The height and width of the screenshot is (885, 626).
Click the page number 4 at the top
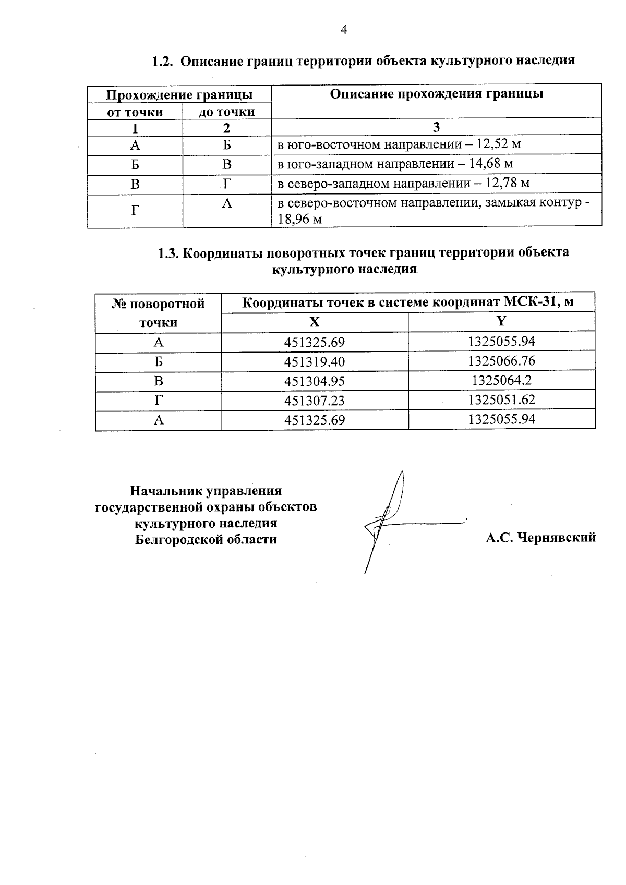344,30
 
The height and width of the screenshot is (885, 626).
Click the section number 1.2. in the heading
162,61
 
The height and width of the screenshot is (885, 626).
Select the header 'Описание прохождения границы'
436,94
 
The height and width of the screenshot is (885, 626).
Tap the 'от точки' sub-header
135,112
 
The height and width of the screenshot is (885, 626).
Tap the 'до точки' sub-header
226,112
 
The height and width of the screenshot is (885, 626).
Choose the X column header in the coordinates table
314,322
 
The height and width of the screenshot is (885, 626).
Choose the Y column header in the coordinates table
501,321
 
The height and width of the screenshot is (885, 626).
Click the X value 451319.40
314,361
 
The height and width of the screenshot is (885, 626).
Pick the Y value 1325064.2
502,380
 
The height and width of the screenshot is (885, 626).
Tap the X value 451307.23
314,401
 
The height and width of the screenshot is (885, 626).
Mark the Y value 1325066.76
502,361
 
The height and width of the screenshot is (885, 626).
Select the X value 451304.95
314,381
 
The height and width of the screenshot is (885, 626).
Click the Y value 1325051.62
502,400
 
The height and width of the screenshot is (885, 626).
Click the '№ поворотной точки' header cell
158,313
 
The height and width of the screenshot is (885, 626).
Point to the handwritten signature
389,522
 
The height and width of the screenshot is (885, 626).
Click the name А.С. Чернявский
540,538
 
